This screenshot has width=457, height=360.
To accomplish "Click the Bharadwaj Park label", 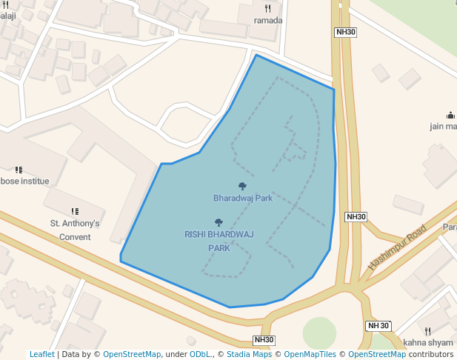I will point(243,199).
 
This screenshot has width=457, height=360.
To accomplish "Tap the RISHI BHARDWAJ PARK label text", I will point(219,241).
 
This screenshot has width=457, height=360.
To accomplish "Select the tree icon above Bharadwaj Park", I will point(242,187).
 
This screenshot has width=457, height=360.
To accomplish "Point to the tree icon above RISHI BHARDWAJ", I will point(219,222).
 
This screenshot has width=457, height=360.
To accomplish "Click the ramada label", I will point(268,21).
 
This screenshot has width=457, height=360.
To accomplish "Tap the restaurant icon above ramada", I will point(268,9).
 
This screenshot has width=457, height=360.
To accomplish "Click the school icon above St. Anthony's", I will point(75,212).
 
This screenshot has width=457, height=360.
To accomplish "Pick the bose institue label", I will point(24,181).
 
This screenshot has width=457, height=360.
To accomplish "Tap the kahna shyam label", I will point(428,342).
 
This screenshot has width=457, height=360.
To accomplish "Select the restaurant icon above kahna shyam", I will point(427,331).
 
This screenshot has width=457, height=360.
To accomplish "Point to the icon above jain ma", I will point(450,115).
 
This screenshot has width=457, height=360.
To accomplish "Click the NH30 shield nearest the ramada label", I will point(346,32).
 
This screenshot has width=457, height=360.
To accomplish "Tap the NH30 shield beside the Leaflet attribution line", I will point(264,340).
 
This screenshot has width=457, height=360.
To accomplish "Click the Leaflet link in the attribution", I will point(41,355).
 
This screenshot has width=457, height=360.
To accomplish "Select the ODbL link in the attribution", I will point(199,355).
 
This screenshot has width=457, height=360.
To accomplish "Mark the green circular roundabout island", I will point(319,333).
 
